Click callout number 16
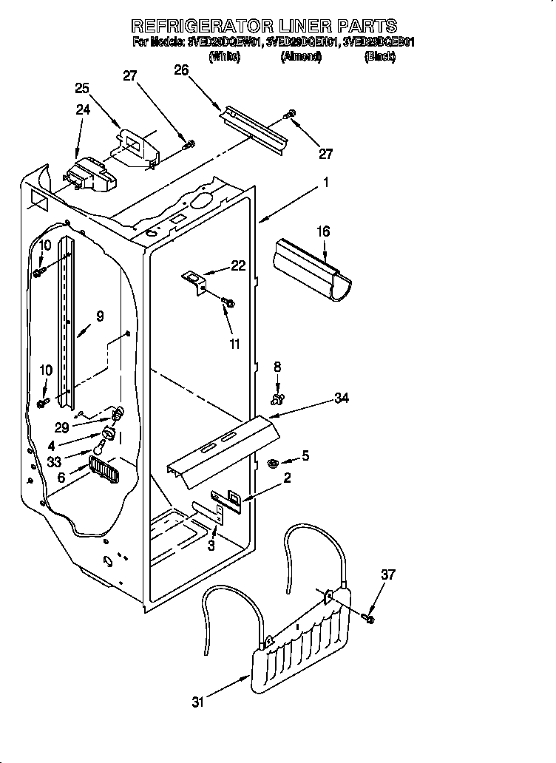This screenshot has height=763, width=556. (x=322, y=232)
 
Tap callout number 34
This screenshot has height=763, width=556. (x=341, y=399)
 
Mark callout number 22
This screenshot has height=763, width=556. (x=237, y=266)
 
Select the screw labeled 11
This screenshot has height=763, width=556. (x=228, y=302)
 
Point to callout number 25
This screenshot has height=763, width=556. (x=82, y=88)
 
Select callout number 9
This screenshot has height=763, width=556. (x=100, y=316)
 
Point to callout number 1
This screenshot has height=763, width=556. (x=326, y=183)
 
